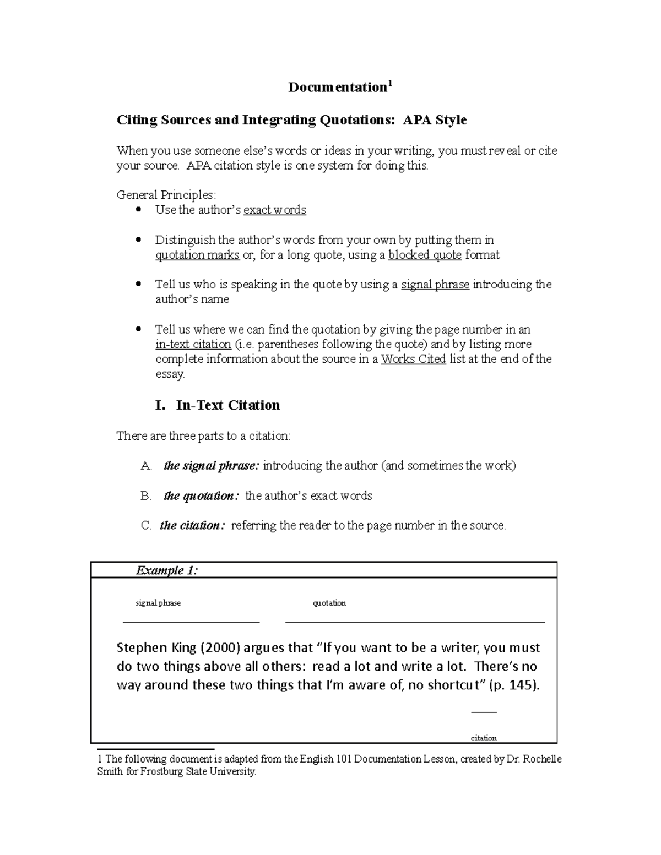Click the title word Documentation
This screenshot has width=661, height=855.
pos(337,88)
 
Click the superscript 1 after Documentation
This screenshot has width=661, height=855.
pos(389,84)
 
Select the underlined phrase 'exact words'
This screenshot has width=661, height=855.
pos(274,210)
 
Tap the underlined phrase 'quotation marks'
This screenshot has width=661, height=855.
pos(197,255)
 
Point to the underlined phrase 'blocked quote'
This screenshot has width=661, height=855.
pos(425,255)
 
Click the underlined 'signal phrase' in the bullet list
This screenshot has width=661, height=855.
pos(435,285)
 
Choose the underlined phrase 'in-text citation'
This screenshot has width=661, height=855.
pos(193,345)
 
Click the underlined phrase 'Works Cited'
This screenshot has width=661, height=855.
pos(413,360)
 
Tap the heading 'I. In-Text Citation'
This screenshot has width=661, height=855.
pos(218,405)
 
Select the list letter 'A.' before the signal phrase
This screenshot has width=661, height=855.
pos(146,466)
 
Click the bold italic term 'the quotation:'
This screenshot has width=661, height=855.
pos(202,496)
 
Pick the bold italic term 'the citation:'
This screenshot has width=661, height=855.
pos(192,526)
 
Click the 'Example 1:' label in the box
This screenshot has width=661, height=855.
pos(166,570)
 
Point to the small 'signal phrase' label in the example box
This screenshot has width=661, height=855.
pos(158,603)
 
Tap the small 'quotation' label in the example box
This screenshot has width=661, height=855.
pos(329,603)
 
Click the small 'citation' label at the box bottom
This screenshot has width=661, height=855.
pos(484,738)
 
